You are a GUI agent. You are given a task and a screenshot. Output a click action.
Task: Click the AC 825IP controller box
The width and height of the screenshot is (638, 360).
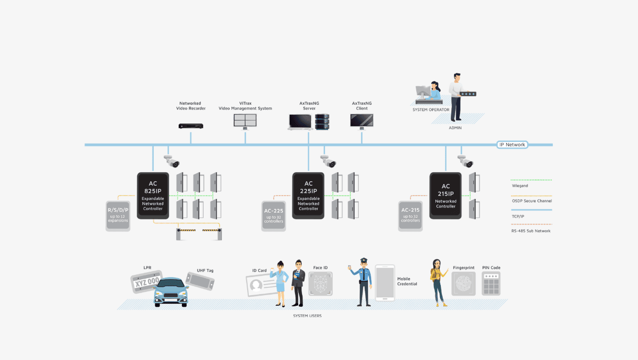[x=153, y=195]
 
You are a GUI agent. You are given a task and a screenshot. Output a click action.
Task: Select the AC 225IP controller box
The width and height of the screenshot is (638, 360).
[x=308, y=195]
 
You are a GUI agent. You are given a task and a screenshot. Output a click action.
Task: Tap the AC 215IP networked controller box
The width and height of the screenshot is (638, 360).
[x=446, y=195]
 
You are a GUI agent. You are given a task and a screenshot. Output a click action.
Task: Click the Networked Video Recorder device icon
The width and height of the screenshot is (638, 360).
[x=191, y=126]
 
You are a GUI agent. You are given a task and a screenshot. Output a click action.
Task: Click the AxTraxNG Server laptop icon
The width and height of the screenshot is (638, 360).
[x=300, y=122]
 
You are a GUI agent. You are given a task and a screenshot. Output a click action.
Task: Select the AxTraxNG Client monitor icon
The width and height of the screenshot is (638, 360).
[x=362, y=121]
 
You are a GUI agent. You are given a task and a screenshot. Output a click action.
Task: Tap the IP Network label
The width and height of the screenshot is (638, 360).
[x=512, y=145]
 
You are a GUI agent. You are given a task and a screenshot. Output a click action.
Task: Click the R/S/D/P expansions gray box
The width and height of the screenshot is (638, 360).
[x=118, y=215]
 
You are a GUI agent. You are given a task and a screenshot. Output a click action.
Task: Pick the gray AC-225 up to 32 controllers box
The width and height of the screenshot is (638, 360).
[x=274, y=215]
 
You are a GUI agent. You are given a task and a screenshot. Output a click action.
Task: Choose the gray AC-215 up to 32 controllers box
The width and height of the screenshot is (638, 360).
[x=410, y=215]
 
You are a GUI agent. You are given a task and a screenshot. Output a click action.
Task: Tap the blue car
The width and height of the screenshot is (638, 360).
[x=171, y=293]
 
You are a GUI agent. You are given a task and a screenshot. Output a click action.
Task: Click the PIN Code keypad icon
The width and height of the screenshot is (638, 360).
[x=491, y=283]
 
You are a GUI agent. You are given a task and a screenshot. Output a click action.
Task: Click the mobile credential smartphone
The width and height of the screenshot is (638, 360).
[x=385, y=283]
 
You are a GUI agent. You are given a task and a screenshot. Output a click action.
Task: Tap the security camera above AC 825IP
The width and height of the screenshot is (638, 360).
[x=172, y=161]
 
